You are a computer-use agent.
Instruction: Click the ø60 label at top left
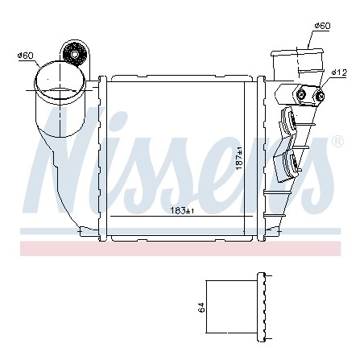[x=25, y=56]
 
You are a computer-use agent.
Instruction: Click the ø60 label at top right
[x=322, y=26]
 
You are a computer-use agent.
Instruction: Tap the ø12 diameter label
[x=339, y=72]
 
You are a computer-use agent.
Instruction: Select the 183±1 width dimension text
[x=182, y=211]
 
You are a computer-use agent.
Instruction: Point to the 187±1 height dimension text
[x=239, y=158]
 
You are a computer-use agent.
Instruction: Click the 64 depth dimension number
[x=201, y=308]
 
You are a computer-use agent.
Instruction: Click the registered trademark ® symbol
[x=337, y=142]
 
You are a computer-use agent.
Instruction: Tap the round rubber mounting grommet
[x=75, y=55]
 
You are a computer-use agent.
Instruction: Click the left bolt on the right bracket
[x=301, y=94]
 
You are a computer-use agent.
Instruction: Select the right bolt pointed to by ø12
[x=320, y=96]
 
